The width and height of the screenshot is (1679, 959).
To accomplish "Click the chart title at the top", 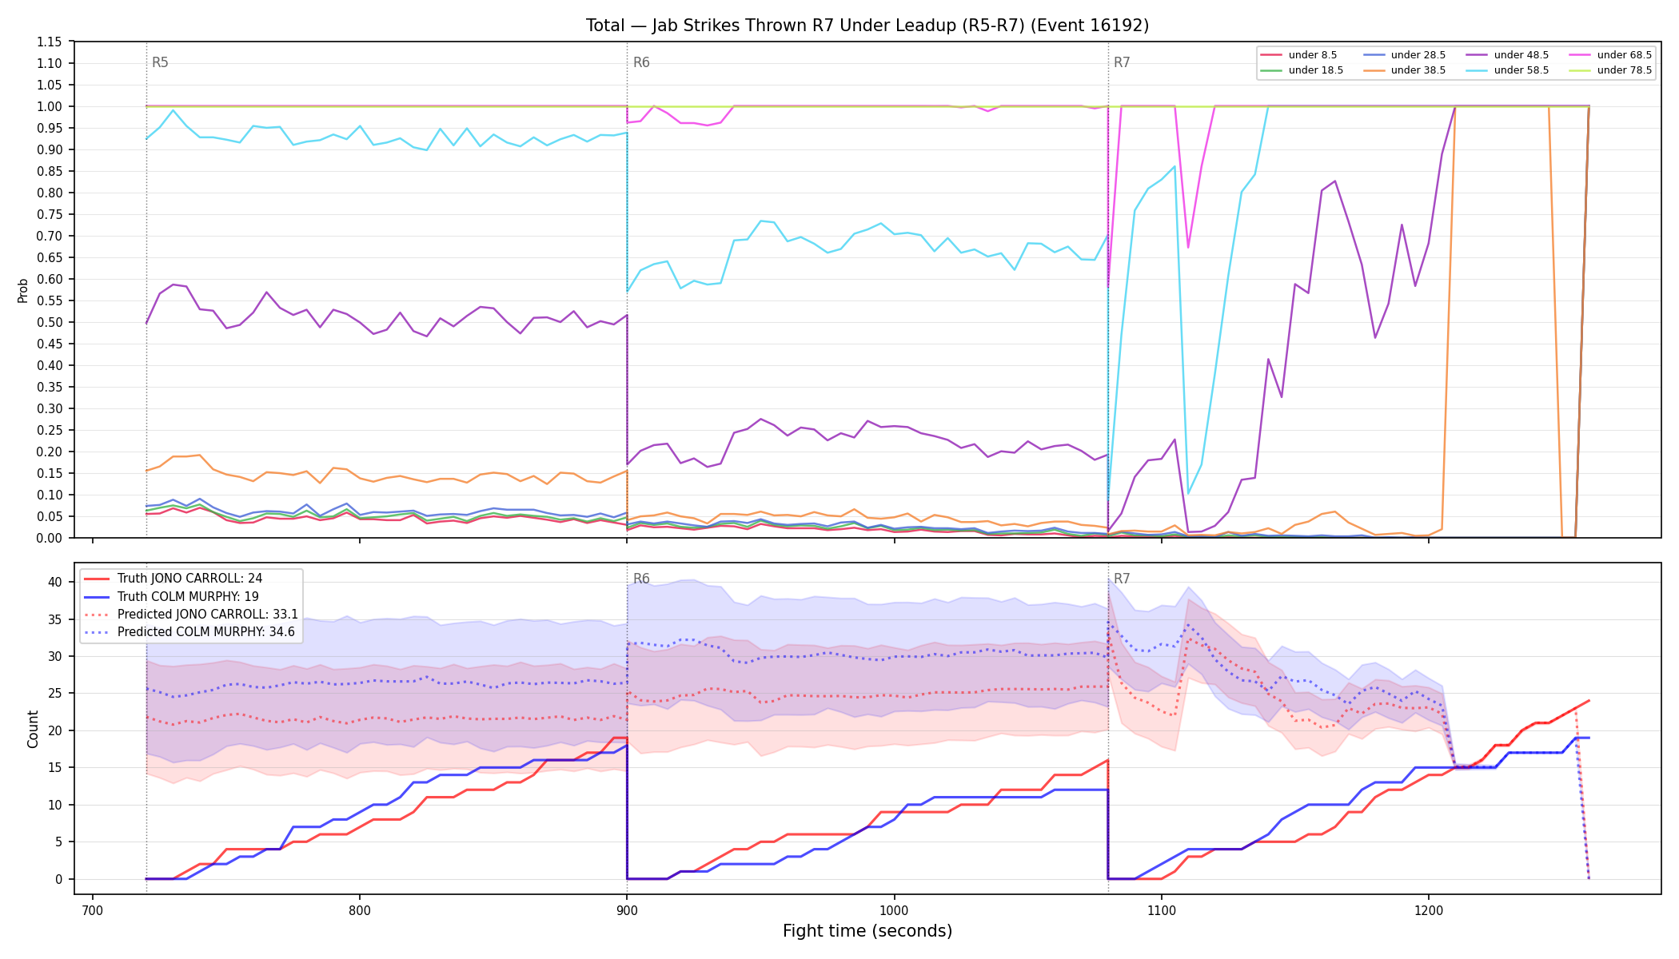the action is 867,26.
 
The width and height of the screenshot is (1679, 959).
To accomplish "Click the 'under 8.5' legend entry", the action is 1302,55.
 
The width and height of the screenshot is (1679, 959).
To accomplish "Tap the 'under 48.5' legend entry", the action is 1508,55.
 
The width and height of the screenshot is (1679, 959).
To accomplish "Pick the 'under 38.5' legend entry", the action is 1405,70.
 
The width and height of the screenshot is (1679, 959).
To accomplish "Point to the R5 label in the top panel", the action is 160,62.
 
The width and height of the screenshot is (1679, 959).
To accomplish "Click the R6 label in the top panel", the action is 641,62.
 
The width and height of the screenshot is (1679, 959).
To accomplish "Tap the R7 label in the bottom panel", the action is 1122,579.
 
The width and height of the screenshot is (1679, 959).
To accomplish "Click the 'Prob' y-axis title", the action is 23,290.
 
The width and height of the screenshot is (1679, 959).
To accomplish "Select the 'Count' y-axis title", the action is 33,729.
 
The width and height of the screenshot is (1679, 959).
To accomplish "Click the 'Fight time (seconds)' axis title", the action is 867,931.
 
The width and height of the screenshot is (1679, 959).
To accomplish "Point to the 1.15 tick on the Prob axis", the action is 50,42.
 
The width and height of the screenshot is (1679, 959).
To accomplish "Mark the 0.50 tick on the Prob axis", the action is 50,322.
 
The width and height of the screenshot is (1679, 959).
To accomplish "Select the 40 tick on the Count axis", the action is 55,582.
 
